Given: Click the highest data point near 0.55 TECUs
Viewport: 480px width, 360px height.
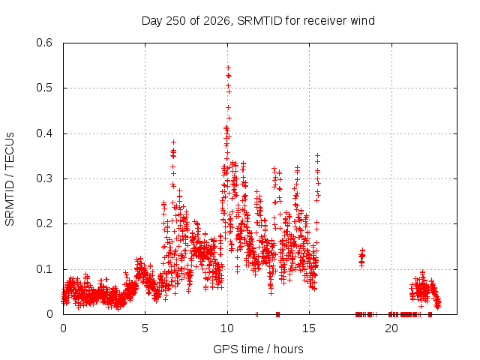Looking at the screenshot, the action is (x=228, y=68).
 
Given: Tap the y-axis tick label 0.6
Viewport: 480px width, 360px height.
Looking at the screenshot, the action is (x=44, y=43).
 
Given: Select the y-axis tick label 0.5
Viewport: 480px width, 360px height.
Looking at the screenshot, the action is (x=44, y=88).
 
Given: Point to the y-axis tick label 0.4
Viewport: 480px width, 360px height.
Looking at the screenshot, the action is (x=44, y=133).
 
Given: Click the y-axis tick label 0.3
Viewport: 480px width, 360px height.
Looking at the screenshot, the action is (x=44, y=178).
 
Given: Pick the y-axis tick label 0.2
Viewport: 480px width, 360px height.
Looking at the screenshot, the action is (x=44, y=223).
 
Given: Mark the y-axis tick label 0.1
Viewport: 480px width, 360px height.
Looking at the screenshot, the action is (x=44, y=269).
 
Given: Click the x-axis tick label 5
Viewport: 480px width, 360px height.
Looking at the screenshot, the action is (x=145, y=328).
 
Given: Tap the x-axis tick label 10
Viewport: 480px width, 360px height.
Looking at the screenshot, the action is (x=227, y=328).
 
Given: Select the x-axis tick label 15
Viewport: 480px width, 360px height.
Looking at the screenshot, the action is (x=309, y=328).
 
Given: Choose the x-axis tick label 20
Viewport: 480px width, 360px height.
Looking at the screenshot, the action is (x=391, y=328).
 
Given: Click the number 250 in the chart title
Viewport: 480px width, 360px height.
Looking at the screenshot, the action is (x=175, y=21).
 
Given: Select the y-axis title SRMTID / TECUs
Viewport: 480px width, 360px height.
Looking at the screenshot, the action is (x=10, y=179).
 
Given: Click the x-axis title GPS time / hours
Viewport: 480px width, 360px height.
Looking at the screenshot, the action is (x=258, y=349).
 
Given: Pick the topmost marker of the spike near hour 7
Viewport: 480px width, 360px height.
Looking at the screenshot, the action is (x=173, y=142).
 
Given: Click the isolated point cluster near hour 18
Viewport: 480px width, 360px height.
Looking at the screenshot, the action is (x=361, y=258).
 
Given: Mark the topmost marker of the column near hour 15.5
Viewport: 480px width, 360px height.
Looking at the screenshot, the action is (x=318, y=156).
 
